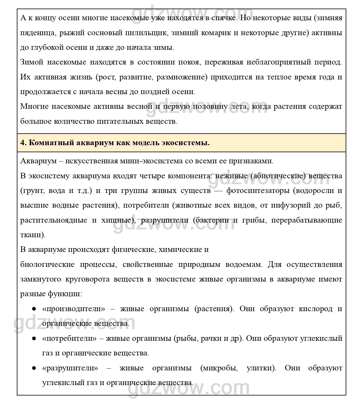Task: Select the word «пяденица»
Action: point(38,33)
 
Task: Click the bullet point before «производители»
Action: point(34,309)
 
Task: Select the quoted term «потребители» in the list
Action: point(69,338)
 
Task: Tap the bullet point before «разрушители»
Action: point(34,368)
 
